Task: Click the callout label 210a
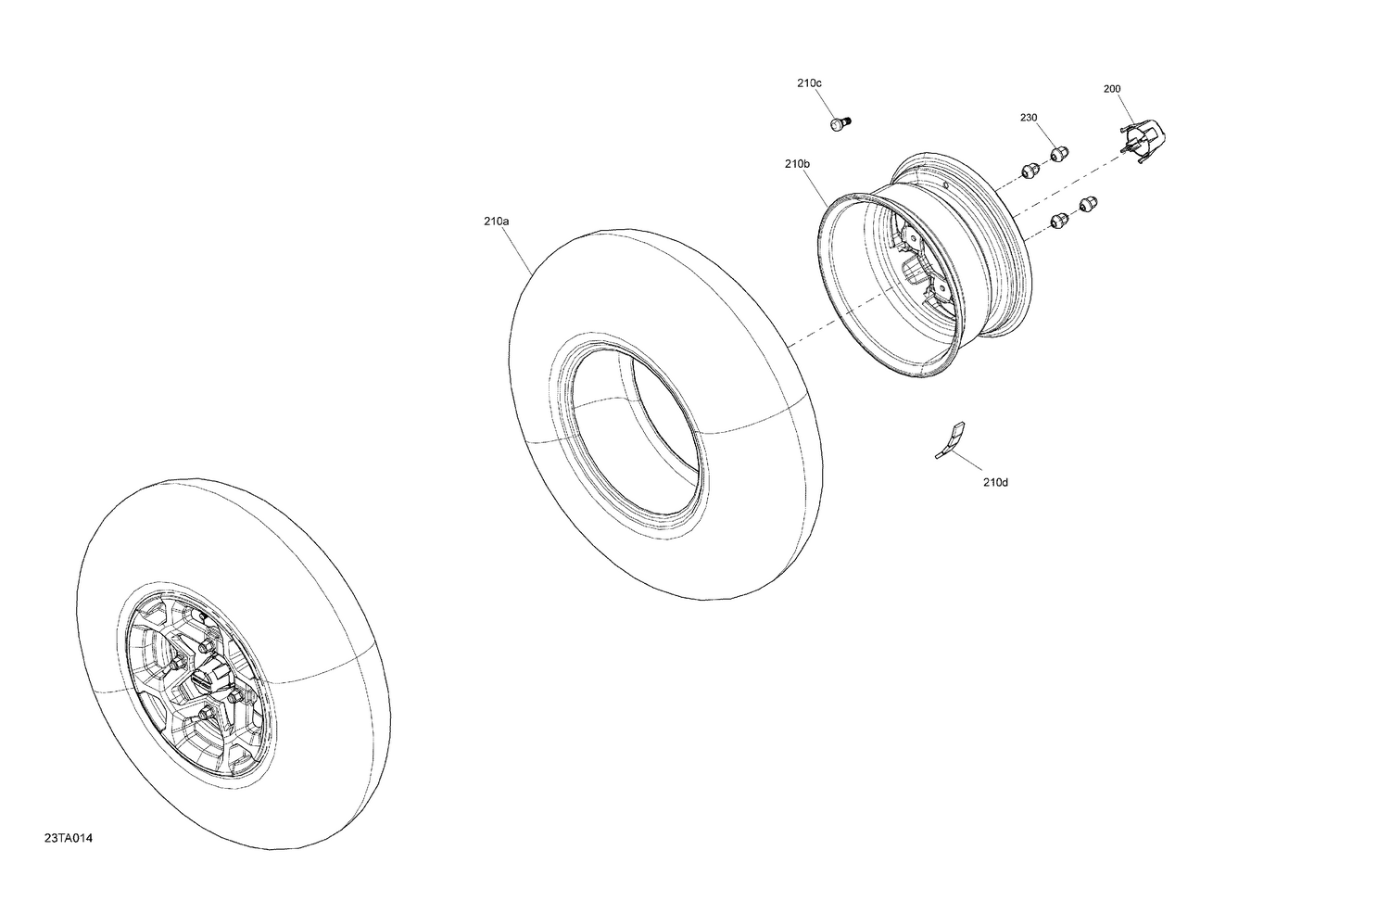tap(496, 222)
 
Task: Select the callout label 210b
tap(797, 164)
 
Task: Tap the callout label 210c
tap(808, 83)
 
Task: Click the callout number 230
tap(1029, 118)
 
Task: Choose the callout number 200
tap(1112, 89)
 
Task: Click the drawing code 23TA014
tap(69, 839)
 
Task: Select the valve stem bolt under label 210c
tap(840, 123)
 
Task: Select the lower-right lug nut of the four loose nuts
tap(1089, 203)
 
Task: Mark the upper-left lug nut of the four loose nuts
tap(1028, 170)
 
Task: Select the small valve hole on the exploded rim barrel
tap(943, 184)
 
